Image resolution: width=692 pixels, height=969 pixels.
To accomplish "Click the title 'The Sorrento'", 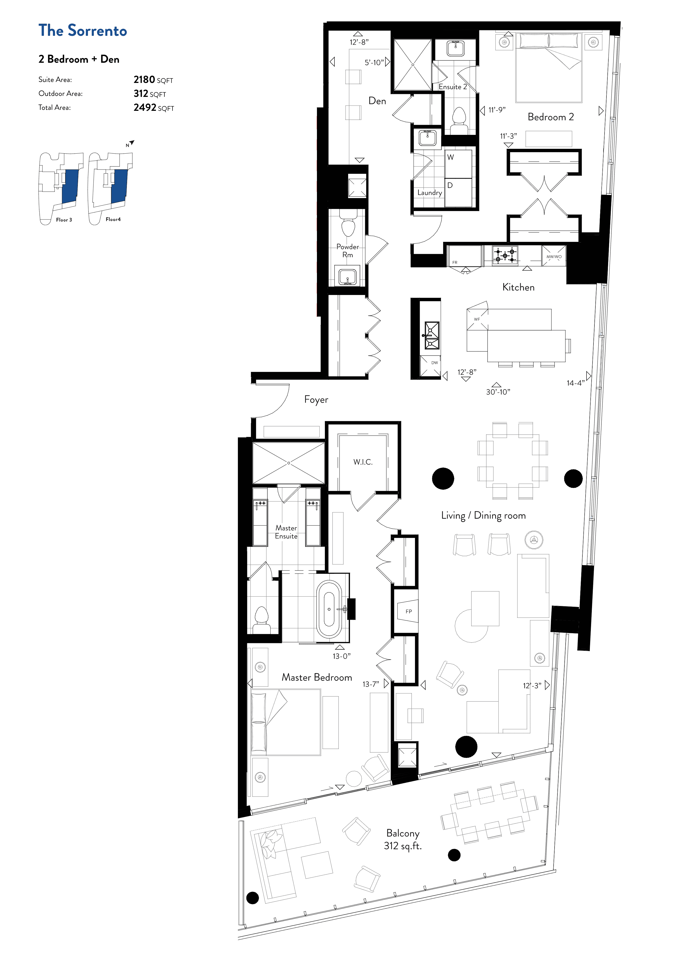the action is [83, 31].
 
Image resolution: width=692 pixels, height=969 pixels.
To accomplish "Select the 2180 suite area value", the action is [144, 80].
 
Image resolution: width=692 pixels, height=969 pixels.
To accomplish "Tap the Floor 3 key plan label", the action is [64, 220].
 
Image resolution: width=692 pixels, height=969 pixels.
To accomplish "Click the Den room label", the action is [377, 101].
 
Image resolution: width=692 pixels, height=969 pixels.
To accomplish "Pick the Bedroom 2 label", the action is [550, 117].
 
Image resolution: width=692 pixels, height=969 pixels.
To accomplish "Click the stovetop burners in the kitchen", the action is [505, 255].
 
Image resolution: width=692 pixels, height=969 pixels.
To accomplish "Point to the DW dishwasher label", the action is [434, 363].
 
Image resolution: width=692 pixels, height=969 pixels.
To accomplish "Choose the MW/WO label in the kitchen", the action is [554, 257].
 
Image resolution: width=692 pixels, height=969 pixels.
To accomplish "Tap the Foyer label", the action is [316, 400].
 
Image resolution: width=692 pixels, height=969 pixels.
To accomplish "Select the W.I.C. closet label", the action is [363, 462].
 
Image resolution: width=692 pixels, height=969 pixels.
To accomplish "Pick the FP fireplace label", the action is [409, 611].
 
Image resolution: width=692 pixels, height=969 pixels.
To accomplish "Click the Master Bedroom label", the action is [317, 677].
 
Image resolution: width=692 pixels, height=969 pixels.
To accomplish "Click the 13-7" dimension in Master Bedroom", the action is [371, 684].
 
